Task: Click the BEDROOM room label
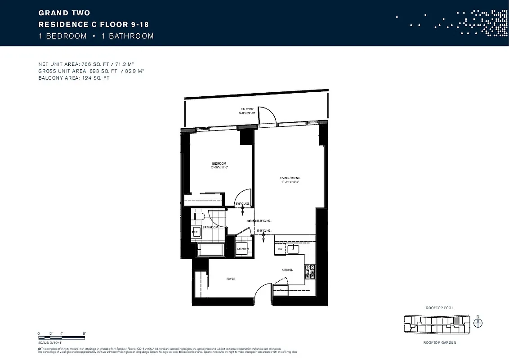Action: tap(219, 163)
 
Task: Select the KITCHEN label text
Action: tap(287, 270)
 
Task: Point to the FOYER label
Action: tap(231, 279)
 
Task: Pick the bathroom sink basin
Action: tap(196, 233)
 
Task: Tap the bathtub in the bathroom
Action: tap(211, 250)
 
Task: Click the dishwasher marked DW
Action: tap(280, 249)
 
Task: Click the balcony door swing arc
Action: tap(266, 115)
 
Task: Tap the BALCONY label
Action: tap(247, 109)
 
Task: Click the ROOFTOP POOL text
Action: tap(439, 308)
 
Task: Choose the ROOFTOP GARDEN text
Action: tap(439, 342)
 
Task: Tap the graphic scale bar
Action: tap(62, 337)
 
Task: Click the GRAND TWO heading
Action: tap(64, 13)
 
